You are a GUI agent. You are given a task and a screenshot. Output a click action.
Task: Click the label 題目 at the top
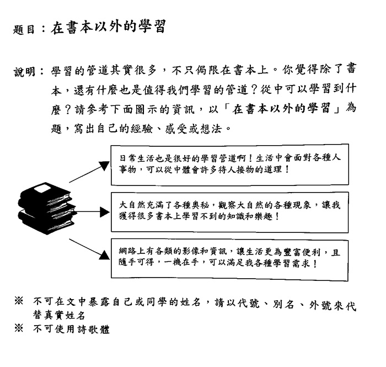(x=23, y=30)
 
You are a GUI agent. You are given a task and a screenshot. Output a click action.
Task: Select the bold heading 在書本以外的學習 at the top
(x=108, y=26)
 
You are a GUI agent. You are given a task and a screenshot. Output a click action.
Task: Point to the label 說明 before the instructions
(x=24, y=72)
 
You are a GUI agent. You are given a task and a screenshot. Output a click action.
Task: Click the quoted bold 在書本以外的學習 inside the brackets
(x=281, y=109)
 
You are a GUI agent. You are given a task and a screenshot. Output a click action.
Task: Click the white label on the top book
(x=42, y=189)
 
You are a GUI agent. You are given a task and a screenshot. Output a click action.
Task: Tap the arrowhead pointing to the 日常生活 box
(x=104, y=166)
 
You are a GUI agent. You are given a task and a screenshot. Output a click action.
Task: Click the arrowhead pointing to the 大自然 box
(x=105, y=212)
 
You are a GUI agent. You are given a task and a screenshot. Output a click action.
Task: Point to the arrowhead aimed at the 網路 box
(x=104, y=255)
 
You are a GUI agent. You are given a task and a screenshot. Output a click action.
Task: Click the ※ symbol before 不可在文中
(x=19, y=301)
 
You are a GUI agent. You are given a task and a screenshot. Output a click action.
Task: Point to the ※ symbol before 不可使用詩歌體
(x=19, y=328)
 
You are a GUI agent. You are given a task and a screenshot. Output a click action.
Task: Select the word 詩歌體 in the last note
(x=93, y=329)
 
